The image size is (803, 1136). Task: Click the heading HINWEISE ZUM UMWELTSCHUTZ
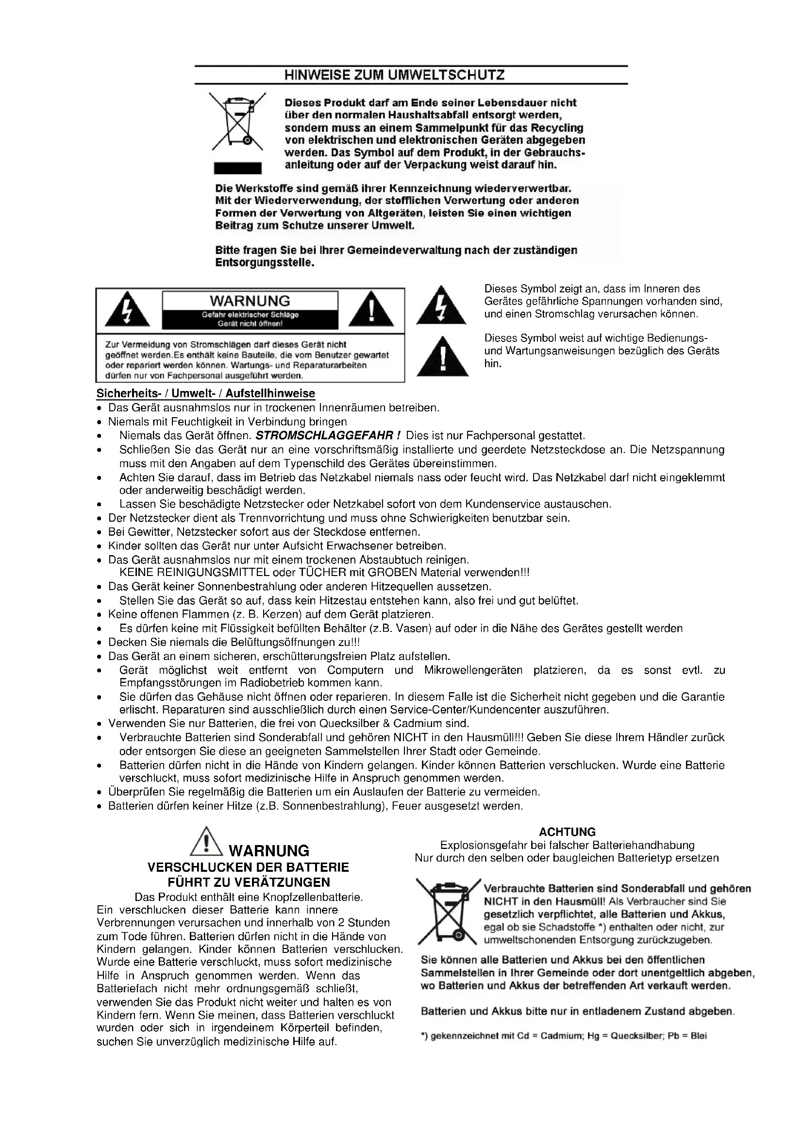point(394,75)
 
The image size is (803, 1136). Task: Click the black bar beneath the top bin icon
point(237,168)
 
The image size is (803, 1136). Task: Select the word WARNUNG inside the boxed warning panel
point(250,301)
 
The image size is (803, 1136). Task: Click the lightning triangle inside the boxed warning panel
point(128,311)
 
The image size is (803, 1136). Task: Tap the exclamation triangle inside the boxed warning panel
point(371,311)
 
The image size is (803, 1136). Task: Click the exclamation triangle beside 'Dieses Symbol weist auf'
point(442,357)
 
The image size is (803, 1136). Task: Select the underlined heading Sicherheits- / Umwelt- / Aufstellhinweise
point(205,393)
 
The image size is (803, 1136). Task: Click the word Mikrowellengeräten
point(473,670)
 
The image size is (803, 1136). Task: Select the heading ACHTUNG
point(567,831)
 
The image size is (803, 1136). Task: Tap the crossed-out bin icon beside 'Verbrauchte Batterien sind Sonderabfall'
point(448,911)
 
